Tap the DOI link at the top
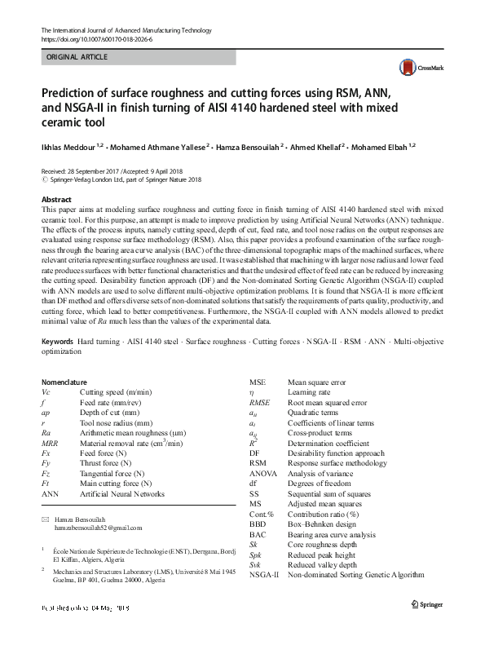point(95,38)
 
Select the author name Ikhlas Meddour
point(72,147)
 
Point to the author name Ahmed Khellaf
point(315,147)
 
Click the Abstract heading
point(56,199)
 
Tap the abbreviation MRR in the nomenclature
point(50,443)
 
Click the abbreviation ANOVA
point(264,474)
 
